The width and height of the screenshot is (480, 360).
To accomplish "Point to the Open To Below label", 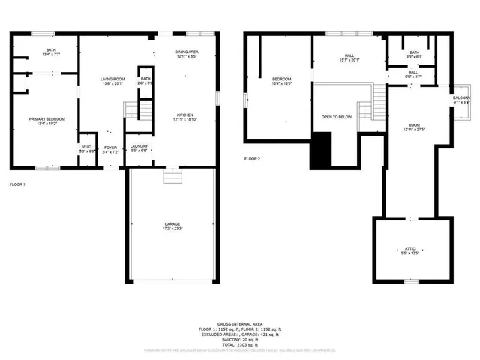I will [337, 117].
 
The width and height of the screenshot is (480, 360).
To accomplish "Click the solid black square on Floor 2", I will [321, 150].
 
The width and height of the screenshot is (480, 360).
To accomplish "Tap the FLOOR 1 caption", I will [17, 184].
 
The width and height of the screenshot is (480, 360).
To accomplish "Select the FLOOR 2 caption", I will [253, 159].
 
